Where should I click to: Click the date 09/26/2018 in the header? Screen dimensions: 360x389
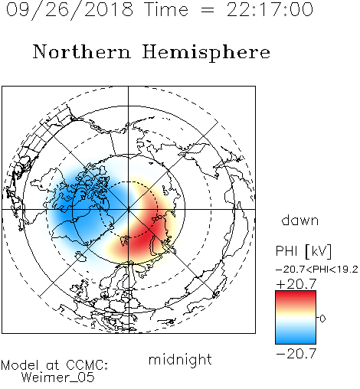click(70, 10)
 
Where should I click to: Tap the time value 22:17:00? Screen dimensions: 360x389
click(270, 9)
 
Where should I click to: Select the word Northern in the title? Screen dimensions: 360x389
click(82, 51)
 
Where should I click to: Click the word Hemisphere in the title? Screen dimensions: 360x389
click(206, 53)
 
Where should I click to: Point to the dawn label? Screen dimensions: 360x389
click(300, 220)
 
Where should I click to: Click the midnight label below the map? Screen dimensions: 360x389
click(180, 359)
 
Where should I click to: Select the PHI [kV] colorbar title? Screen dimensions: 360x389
click(303, 251)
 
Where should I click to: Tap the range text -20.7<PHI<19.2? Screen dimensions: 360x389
click(317, 270)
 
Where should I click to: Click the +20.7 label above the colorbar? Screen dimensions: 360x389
click(296, 283)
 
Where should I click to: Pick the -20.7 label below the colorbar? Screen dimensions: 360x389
click(296, 354)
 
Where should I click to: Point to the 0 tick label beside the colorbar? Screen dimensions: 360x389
click(322, 319)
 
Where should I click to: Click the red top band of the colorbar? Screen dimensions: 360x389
click(296, 297)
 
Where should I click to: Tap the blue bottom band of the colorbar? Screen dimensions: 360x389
click(296, 338)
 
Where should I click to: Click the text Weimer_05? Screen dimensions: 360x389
click(58, 378)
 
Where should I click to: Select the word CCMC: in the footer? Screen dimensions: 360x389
click(87, 365)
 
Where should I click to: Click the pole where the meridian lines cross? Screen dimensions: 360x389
click(129, 209)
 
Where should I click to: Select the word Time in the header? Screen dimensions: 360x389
click(166, 9)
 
